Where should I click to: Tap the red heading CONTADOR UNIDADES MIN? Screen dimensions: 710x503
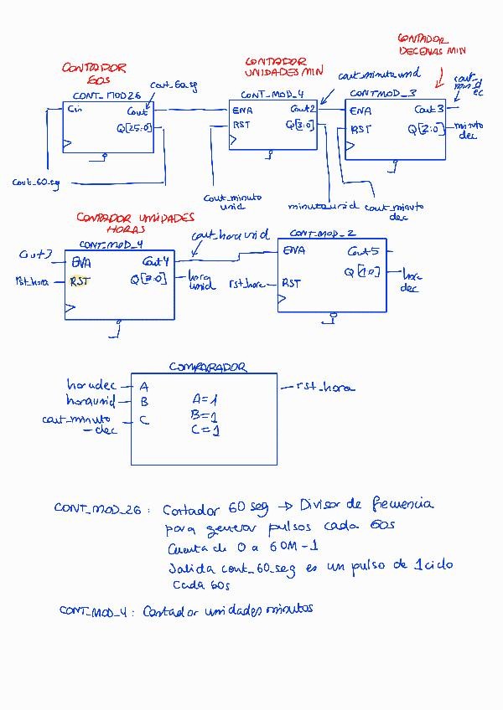point(276,67)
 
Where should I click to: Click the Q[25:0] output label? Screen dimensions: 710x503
point(135,128)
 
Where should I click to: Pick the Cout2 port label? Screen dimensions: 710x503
point(303,110)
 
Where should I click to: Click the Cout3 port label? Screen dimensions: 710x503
point(428,110)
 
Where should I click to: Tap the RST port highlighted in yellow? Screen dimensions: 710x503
point(80,281)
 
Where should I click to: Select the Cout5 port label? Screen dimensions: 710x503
point(363,250)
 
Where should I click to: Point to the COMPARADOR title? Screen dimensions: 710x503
point(207,367)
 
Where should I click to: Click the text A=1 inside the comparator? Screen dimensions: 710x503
point(205,400)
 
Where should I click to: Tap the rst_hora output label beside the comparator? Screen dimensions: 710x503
point(325,387)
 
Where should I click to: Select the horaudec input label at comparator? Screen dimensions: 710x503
point(91,386)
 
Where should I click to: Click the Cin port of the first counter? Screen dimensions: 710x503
point(75,110)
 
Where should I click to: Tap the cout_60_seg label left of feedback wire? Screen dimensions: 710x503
point(36,183)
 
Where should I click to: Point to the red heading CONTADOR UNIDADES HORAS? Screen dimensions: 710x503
point(134,222)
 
